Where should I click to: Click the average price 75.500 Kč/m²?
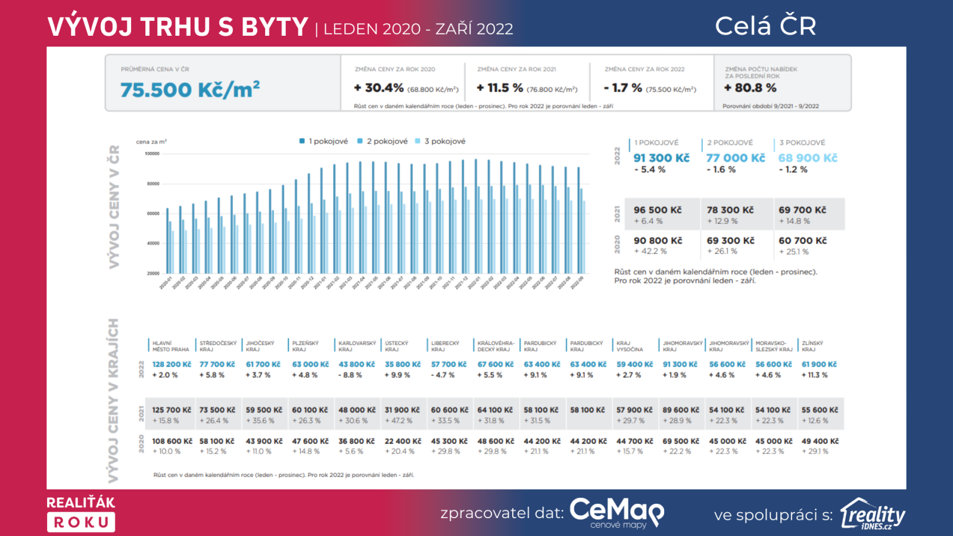tap(189, 90)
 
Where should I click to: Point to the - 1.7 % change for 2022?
tap(622, 88)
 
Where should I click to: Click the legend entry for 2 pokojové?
tap(382, 141)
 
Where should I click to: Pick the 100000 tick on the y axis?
tap(152, 154)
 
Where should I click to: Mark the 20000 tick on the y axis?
tap(154, 273)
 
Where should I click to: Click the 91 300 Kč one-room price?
tap(661, 158)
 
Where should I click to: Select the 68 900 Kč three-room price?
tap(808, 158)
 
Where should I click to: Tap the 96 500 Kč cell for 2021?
tap(658, 210)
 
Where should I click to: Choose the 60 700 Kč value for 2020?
tap(802, 241)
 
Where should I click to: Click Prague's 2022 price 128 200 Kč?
tap(172, 364)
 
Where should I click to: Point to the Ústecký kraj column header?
tap(397, 346)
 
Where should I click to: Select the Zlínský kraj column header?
tap(812, 346)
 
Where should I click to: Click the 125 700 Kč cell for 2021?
tap(172, 410)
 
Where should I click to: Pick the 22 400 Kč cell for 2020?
tap(403, 441)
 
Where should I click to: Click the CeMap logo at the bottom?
tap(616, 512)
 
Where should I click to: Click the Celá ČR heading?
tap(765, 26)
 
